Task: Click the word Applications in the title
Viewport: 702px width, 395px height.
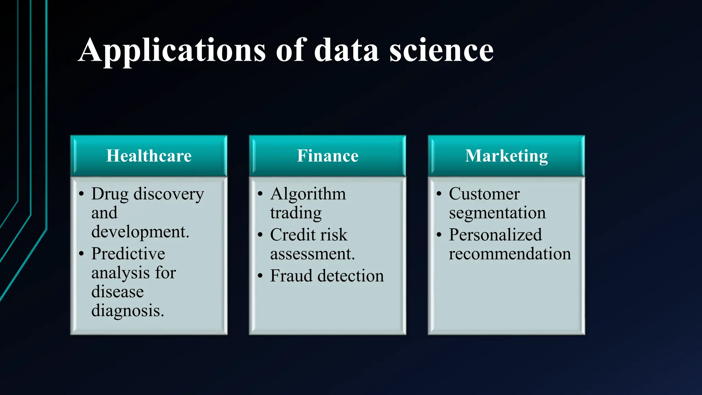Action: (171, 51)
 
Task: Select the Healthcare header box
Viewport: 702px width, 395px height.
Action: (149, 156)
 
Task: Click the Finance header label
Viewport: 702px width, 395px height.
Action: (328, 156)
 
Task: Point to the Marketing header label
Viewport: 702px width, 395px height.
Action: (506, 156)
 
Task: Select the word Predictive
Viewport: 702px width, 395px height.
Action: (128, 254)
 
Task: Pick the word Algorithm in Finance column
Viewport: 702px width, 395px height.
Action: (308, 194)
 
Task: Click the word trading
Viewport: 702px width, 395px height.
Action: (295, 213)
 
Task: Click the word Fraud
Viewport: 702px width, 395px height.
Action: (291, 276)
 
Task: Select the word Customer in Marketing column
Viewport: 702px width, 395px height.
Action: (484, 194)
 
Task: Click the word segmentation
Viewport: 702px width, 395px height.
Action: (497, 213)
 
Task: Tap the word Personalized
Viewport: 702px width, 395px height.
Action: (495, 235)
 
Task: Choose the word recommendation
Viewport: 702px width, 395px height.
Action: (510, 254)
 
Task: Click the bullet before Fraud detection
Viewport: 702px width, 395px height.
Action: (260, 276)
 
